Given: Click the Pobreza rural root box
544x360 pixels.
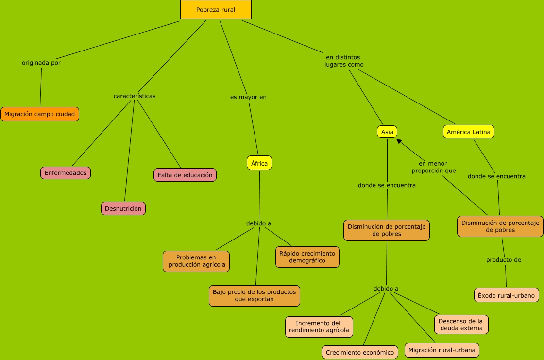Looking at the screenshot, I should (x=216, y=10).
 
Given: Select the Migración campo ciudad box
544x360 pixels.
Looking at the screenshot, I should (x=40, y=114).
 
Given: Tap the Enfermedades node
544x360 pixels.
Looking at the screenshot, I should (x=66, y=173).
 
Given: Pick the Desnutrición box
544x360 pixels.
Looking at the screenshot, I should (x=123, y=208).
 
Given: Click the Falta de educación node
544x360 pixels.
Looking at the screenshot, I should (x=185, y=175).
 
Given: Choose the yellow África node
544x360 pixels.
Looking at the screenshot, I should (x=259, y=163).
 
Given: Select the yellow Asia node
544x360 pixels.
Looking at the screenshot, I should (x=387, y=132).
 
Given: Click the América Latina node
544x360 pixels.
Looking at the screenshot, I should (x=469, y=132).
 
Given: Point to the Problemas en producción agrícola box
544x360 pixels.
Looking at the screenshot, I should (x=196, y=261).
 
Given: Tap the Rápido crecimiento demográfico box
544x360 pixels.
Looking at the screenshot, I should (x=307, y=257).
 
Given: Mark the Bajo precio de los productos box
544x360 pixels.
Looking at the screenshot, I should (x=255, y=295).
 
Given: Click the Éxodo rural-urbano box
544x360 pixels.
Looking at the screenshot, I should (x=506, y=295).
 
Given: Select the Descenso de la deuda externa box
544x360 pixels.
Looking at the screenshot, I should (x=461, y=325).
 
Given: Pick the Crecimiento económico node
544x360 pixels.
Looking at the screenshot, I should (x=360, y=353).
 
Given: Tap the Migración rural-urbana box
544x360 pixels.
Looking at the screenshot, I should (x=442, y=350).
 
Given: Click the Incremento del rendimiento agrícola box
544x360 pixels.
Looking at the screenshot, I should (x=319, y=326).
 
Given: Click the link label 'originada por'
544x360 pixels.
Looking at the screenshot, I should (x=41, y=63).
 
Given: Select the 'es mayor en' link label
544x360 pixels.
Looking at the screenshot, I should (x=248, y=97).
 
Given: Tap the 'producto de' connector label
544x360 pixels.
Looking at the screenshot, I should (x=504, y=260).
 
